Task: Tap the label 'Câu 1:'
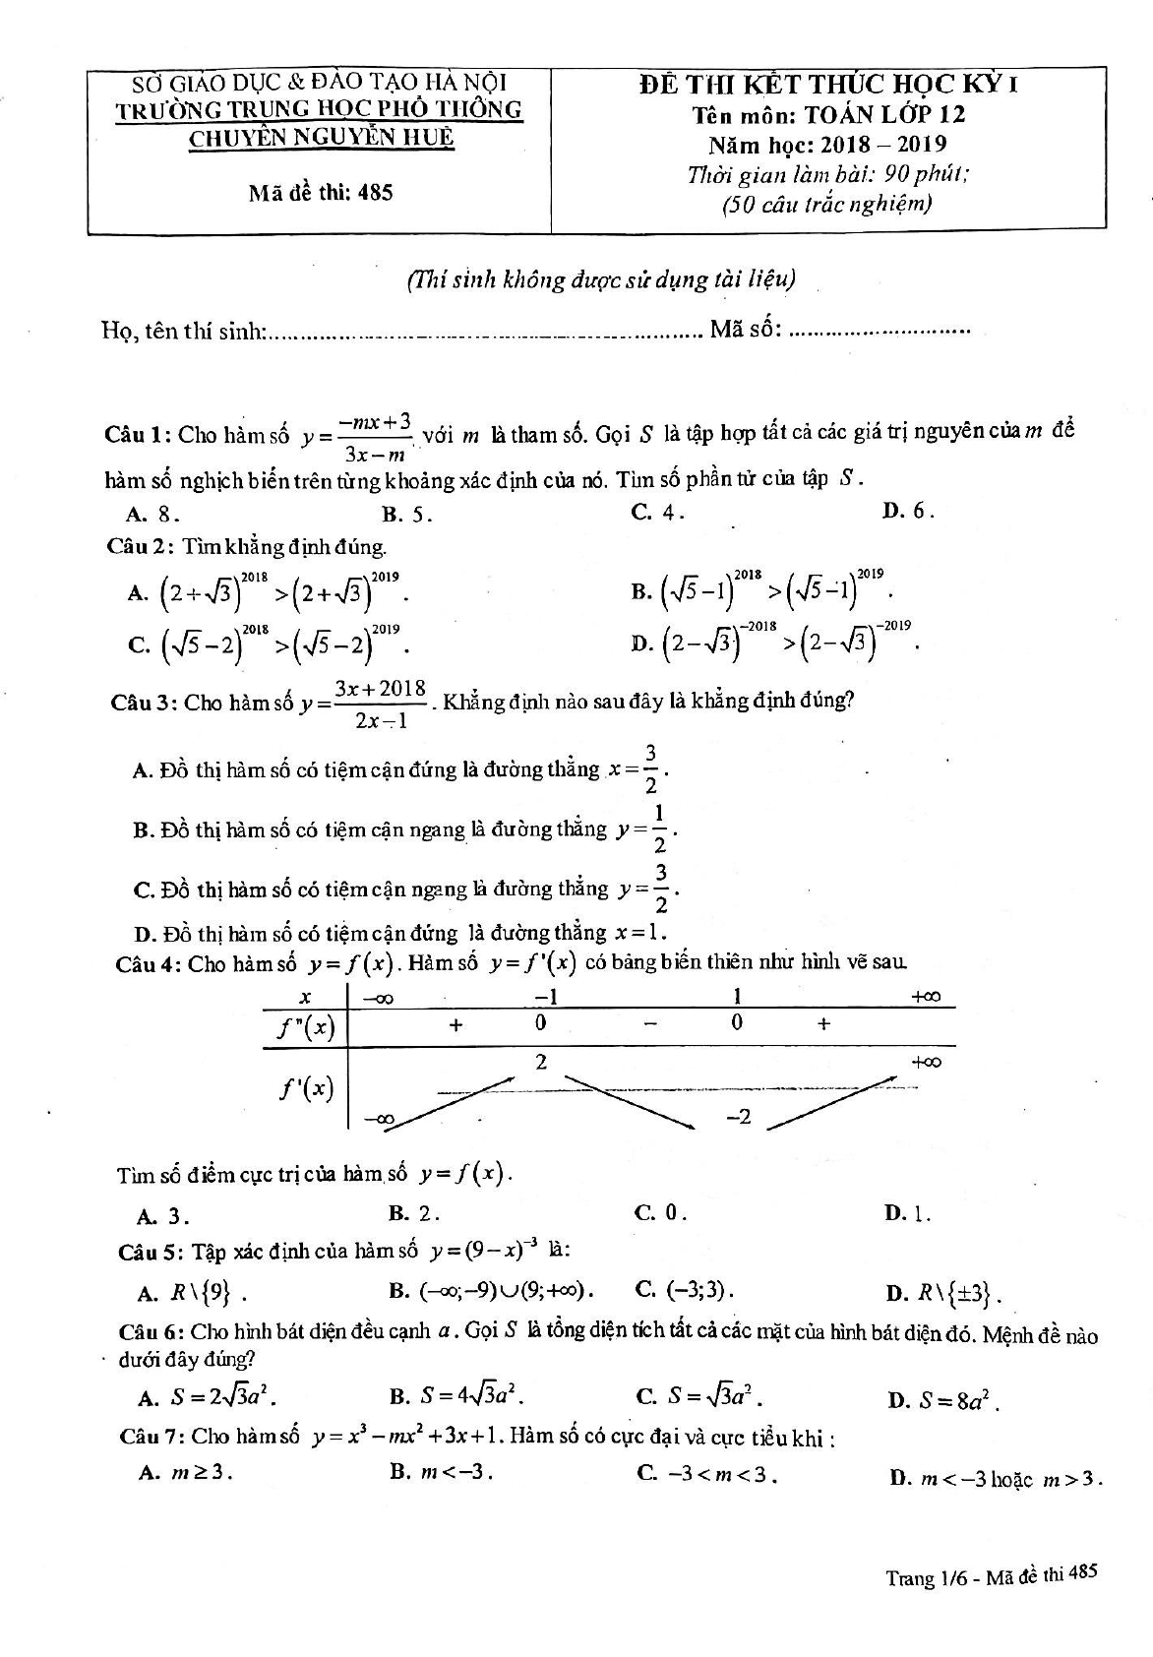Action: point(140,435)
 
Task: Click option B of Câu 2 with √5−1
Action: point(763,590)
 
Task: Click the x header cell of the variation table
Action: point(306,997)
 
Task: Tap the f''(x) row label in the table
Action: point(306,1028)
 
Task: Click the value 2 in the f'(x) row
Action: point(542,1062)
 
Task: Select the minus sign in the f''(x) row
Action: point(650,1024)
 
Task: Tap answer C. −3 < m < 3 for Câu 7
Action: point(708,1474)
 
